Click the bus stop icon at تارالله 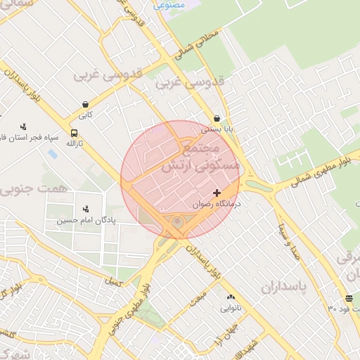[x=74, y=133]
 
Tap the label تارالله [x=74, y=143]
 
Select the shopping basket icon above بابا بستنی [x=217, y=119]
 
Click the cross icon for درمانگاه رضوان [x=217, y=193]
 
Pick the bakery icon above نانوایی [x=231, y=297]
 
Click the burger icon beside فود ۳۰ [x=349, y=298]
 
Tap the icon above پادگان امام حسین [x=86, y=208]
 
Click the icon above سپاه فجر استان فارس [x=23, y=127]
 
